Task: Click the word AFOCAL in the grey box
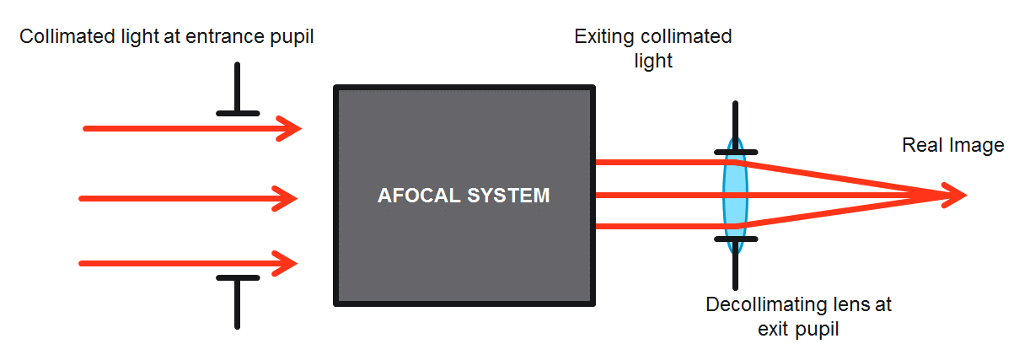419,196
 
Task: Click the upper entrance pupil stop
238,90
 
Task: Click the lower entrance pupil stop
238,301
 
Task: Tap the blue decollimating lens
735,196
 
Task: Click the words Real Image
953,146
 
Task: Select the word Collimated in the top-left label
67,36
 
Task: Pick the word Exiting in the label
604,37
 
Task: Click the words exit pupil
798,330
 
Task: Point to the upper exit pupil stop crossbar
736,153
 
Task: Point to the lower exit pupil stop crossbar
736,239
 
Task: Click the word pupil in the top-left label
292,37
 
